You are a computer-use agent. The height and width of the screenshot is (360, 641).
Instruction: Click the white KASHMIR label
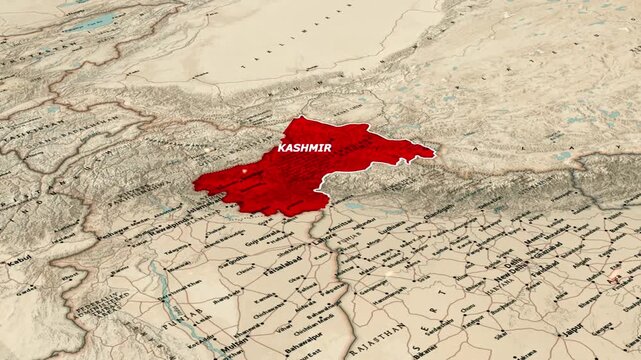pyautogui.click(x=304, y=147)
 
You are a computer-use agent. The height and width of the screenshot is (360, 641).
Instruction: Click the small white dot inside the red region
pyautogui.click(x=244, y=171)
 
